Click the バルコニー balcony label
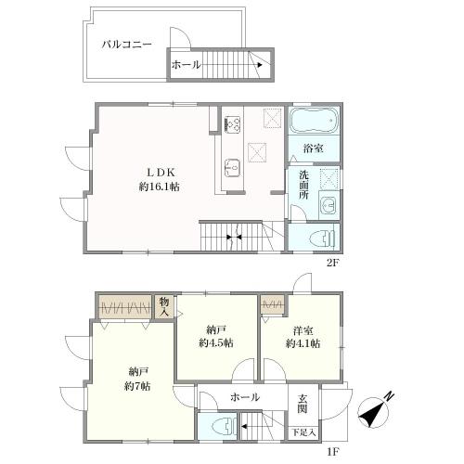pyautogui.click(x=127, y=45)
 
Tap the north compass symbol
pyautogui.click(x=375, y=410)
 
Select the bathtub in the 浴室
pyautogui.click(x=314, y=121)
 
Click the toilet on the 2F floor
pyautogui.click(x=322, y=238)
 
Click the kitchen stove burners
pyautogui.click(x=233, y=123)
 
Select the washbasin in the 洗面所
pyautogui.click(x=329, y=205)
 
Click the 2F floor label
pyautogui.click(x=333, y=264)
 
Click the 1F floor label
pyautogui.click(x=333, y=452)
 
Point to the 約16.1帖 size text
pyautogui.click(x=160, y=187)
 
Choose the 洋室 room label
pyautogui.click(x=303, y=331)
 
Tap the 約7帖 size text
pyautogui.click(x=137, y=386)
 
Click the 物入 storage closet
pyautogui.click(x=164, y=306)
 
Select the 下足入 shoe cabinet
pyautogui.click(x=303, y=432)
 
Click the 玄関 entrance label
pyautogui.click(x=303, y=404)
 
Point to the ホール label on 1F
pyautogui.click(x=245, y=397)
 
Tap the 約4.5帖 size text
pyautogui.click(x=216, y=343)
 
